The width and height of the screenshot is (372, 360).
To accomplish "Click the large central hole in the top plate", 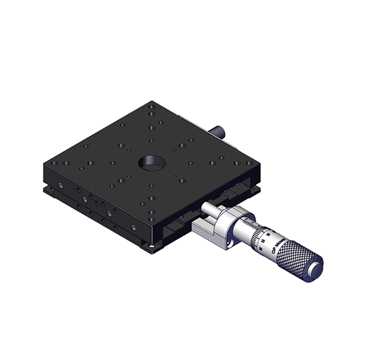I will (150, 163).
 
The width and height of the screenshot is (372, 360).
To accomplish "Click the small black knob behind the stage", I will (219, 132).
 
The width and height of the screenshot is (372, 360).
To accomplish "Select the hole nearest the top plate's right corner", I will (246, 162).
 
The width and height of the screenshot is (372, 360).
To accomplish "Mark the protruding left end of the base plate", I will (46, 189).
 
